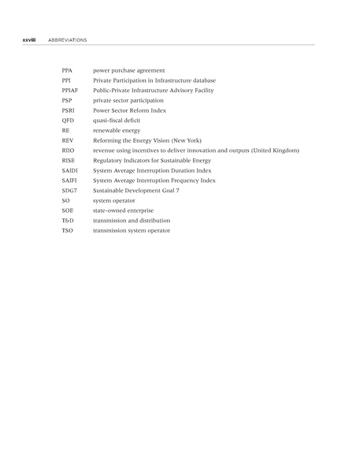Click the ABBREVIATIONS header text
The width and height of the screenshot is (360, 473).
click(x=67, y=39)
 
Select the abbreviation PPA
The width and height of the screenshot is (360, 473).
click(x=67, y=71)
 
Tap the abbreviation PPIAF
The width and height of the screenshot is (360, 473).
click(x=69, y=91)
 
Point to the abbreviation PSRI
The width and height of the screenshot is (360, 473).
click(x=68, y=110)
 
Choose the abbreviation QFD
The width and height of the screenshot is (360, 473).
click(x=68, y=121)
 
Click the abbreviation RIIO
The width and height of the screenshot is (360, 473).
click(x=68, y=151)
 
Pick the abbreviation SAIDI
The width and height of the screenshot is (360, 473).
click(x=69, y=170)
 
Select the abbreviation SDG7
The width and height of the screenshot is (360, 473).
click(x=69, y=191)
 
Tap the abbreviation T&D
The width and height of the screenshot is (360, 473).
click(x=68, y=221)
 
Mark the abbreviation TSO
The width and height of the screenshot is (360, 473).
click(x=67, y=230)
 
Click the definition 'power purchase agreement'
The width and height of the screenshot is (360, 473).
click(x=128, y=71)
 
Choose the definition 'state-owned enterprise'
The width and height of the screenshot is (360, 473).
click(x=123, y=210)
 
